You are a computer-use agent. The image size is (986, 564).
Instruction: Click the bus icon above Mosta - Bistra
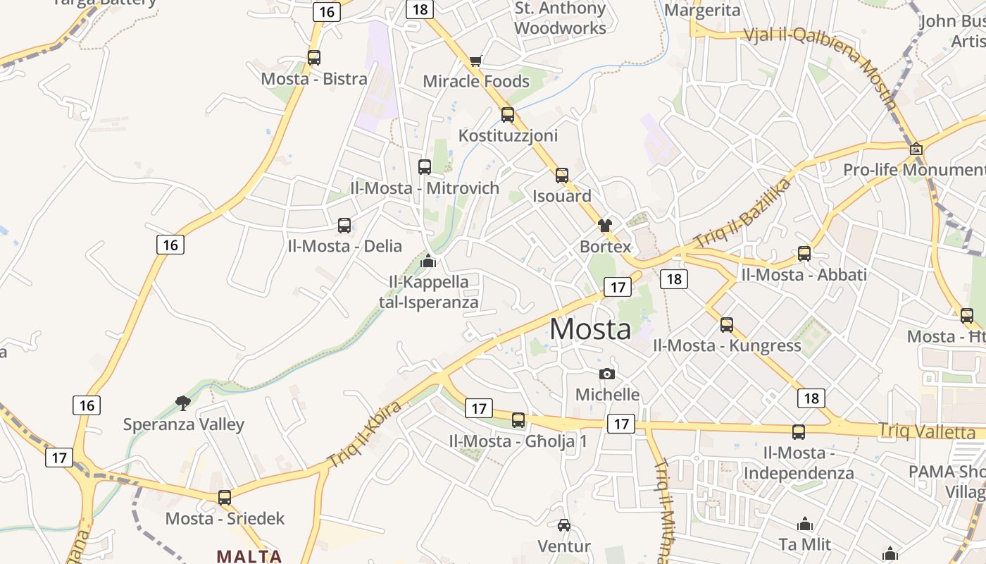click(x=314, y=58)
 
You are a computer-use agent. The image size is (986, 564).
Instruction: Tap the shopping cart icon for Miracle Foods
click(x=475, y=61)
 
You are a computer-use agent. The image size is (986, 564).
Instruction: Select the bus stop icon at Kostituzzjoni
click(x=508, y=115)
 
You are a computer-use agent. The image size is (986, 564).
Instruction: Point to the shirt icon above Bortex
click(x=605, y=226)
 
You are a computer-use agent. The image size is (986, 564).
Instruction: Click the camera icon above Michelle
click(x=607, y=374)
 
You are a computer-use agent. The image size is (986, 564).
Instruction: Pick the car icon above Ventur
click(x=564, y=525)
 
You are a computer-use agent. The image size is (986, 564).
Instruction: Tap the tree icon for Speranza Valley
click(x=183, y=403)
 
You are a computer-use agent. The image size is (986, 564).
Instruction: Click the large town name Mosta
click(x=590, y=329)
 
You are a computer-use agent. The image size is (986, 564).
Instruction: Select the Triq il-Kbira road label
click(x=364, y=434)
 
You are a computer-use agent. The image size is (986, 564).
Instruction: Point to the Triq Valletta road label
click(x=926, y=431)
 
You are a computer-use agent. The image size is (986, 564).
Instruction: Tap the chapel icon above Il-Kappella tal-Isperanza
click(x=428, y=262)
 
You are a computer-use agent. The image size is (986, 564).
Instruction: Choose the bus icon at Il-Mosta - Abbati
click(x=804, y=254)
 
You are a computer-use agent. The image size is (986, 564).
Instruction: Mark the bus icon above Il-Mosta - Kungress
click(x=727, y=325)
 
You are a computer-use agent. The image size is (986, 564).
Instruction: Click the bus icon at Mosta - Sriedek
click(x=225, y=498)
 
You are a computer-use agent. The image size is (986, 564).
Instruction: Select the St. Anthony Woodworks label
click(x=560, y=18)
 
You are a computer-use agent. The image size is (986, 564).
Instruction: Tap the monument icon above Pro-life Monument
click(x=916, y=149)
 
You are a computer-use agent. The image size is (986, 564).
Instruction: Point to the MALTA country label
click(x=249, y=556)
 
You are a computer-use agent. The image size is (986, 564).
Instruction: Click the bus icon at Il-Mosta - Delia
click(x=344, y=226)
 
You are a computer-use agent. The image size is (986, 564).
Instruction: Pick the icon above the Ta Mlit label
click(x=805, y=524)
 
